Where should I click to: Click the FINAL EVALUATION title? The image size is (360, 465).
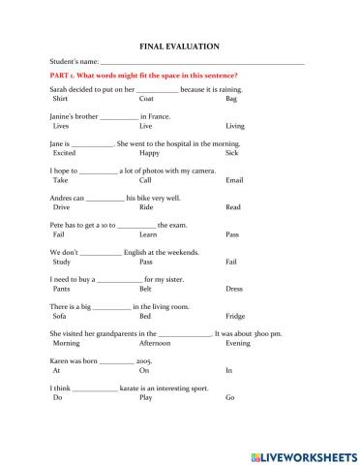point(180,46)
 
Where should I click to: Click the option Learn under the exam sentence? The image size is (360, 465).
point(148,234)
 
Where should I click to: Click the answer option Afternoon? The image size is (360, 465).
point(155,343)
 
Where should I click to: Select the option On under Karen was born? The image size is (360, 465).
point(144,370)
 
